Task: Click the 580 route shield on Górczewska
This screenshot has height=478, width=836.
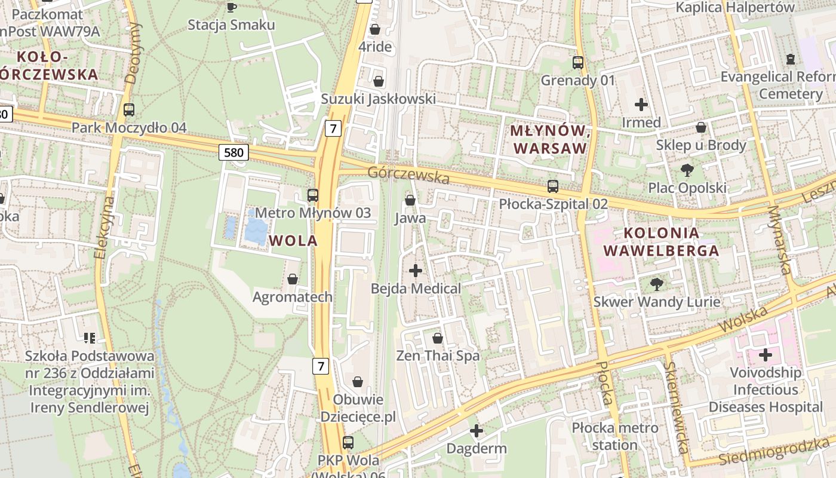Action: click(233, 152)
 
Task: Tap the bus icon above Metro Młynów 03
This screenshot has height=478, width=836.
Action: click(312, 195)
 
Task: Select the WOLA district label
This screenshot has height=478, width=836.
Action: click(293, 241)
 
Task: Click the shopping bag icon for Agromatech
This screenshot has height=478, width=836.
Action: click(293, 279)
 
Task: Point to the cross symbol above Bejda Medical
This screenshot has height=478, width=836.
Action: click(416, 271)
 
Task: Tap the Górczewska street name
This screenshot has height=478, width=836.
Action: click(408, 175)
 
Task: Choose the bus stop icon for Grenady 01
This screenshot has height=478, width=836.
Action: click(577, 62)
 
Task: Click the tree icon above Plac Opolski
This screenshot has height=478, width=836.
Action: click(687, 170)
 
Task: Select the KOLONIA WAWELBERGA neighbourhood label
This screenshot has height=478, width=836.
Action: click(661, 242)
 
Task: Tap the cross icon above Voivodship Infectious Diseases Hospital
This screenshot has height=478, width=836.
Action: click(765, 356)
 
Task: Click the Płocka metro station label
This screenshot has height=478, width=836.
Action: click(615, 436)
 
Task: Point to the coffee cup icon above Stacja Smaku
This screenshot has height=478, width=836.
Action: click(231, 7)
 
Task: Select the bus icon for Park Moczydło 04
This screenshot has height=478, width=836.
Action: click(129, 110)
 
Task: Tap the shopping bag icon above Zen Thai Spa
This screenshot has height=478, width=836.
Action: click(438, 338)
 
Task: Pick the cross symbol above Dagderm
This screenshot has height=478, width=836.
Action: click(476, 430)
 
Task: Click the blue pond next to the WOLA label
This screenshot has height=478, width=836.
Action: click(256, 230)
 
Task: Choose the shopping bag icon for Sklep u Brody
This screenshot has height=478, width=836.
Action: click(701, 127)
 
